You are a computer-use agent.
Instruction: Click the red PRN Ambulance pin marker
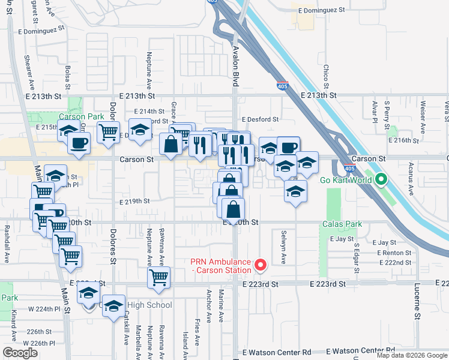tap(260, 264)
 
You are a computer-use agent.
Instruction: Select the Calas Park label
tap(342, 224)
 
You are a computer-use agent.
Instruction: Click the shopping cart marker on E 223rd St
tap(158, 278)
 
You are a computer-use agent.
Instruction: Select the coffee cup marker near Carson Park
tap(79, 143)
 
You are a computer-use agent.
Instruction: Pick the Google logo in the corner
tap(20, 352)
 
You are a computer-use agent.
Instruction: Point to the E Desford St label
tap(260, 119)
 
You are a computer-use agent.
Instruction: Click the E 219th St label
tap(133, 201)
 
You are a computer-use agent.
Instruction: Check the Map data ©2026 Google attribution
tap(411, 355)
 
